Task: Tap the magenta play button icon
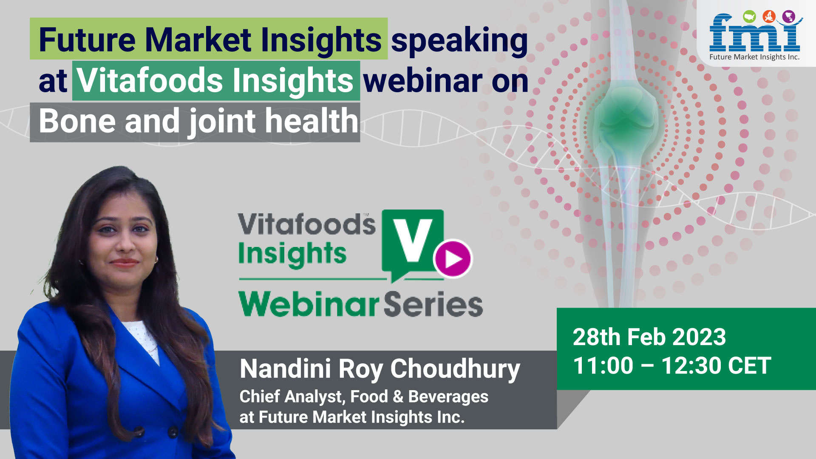pyautogui.click(x=453, y=258)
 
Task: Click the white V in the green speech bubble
pyautogui.click(x=411, y=240)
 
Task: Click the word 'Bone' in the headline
pyautogui.click(x=77, y=121)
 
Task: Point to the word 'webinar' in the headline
pyautogui.click(x=423, y=81)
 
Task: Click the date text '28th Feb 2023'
pyautogui.click(x=649, y=337)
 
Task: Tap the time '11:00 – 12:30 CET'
pyautogui.click(x=672, y=365)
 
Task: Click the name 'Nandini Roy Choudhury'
pyautogui.click(x=380, y=369)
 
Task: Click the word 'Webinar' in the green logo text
pyautogui.click(x=309, y=304)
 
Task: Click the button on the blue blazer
pyautogui.click(x=173, y=433)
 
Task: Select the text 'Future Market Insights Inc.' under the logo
pyautogui.click(x=754, y=57)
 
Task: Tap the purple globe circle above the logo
pyautogui.click(x=789, y=17)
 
